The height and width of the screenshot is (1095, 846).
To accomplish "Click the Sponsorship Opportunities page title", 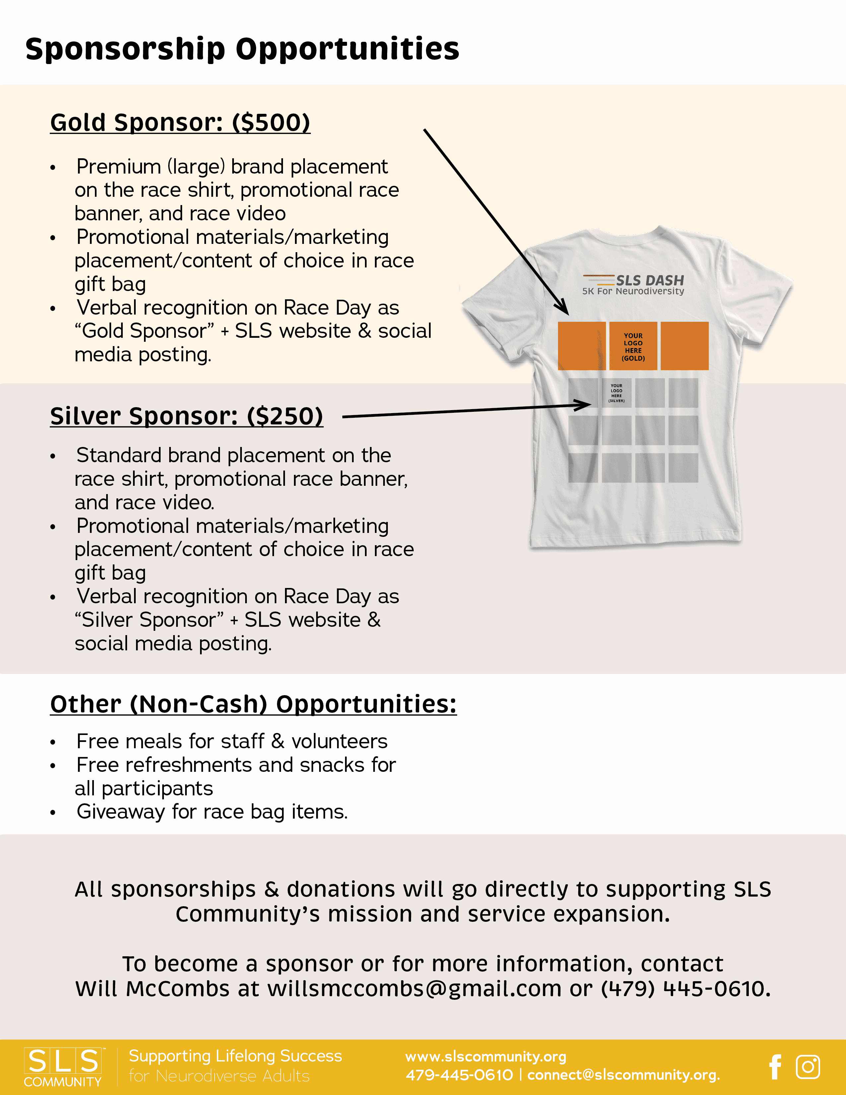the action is point(242,49).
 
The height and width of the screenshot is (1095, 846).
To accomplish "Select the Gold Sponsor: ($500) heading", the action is point(180,123).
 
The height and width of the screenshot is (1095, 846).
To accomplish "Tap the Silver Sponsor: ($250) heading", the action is point(186,416).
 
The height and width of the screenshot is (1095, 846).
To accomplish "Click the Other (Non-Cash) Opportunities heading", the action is point(253,704).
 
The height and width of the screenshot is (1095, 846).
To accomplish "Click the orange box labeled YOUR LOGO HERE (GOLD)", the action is point(633,346).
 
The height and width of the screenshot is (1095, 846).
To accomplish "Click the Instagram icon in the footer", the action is point(808,1066).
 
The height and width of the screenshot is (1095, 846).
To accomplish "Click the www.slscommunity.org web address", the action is point(486,1057).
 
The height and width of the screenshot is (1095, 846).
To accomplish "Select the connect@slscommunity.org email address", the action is point(623,1075).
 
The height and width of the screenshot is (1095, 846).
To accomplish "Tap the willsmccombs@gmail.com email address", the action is point(414,989).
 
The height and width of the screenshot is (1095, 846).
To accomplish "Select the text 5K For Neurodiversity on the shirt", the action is point(633,291).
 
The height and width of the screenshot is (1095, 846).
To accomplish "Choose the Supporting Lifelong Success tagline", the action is point(235,1056).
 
